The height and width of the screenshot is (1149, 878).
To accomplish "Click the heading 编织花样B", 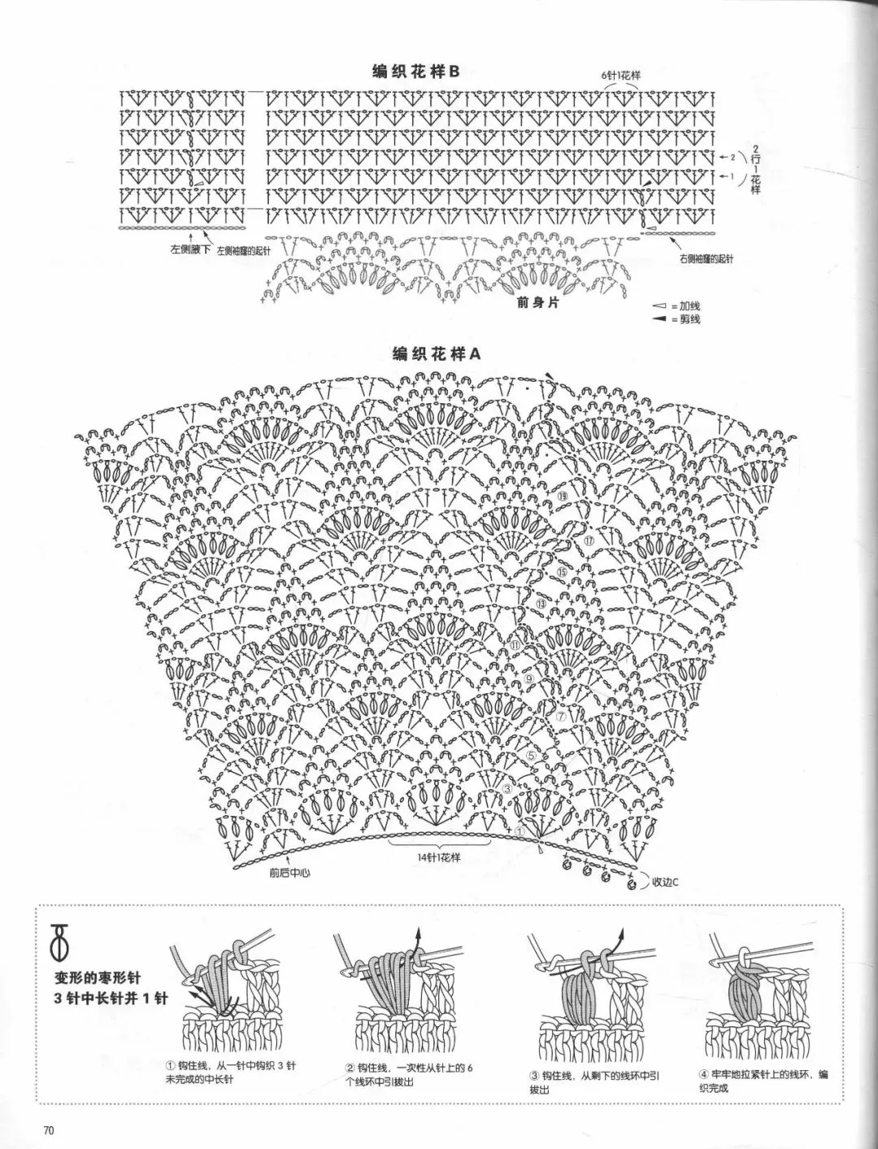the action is coord(415,72).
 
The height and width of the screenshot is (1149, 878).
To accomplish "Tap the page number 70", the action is coord(50,1129).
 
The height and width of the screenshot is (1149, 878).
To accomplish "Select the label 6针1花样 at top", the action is coord(621,75).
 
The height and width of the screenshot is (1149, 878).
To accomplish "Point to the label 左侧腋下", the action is coord(190,250).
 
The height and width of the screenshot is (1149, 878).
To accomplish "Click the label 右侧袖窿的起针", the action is coord(706,258).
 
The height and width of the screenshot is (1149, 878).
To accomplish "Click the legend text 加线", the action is coord(689,306).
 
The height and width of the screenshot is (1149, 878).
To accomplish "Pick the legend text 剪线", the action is coord(689,319).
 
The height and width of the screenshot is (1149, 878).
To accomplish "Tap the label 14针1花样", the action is coord(439,857).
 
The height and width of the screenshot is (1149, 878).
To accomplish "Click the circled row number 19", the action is coord(562,495).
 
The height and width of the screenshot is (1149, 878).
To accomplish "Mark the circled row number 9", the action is coord(529,679).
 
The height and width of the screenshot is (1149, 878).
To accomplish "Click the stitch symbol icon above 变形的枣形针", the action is coord(59,942).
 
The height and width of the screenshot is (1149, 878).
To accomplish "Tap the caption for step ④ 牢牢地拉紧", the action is coord(764,1081).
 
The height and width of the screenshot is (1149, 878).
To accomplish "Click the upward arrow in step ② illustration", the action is coord(419,936).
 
